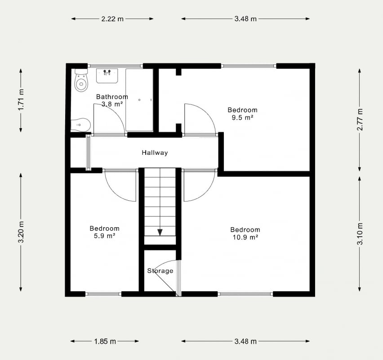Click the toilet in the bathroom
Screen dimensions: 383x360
[81, 80]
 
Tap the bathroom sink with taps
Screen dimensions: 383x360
[107, 76]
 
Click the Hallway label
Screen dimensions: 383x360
[155, 153]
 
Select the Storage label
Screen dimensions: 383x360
[160, 271]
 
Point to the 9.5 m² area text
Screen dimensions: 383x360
[242, 117]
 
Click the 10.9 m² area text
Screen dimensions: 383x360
[245, 237]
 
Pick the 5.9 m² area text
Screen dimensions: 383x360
[105, 236]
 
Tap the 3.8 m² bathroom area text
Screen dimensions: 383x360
[112, 104]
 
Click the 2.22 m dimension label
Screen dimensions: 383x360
[112, 19]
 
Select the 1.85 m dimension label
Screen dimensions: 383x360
[105, 342]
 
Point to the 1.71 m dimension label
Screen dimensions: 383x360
[21, 100]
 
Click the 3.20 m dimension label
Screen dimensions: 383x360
[21, 232]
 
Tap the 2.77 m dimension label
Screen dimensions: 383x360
[360, 119]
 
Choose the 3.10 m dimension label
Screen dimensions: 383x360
[360, 234]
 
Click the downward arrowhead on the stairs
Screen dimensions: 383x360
[160, 232]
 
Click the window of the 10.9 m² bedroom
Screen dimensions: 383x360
[245, 294]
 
